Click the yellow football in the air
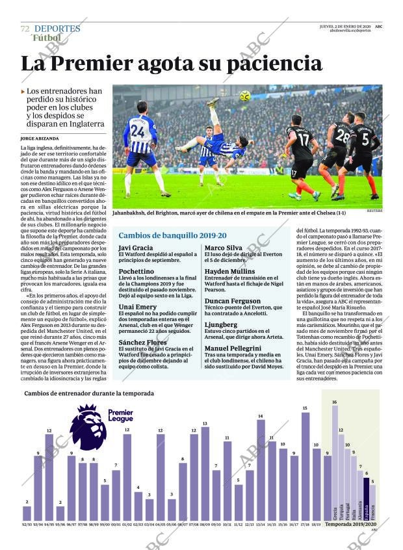(x=245, y=96)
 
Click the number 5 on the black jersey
(x=365, y=138)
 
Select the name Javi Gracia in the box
(x=135, y=248)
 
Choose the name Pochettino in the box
(x=136, y=271)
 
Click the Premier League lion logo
(x=88, y=427)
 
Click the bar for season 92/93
(x=27, y=514)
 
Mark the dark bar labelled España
(x=366, y=499)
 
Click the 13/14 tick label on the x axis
(x=261, y=524)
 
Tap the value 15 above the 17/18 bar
(x=305, y=408)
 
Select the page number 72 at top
(x=25, y=29)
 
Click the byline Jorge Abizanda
(x=39, y=138)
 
